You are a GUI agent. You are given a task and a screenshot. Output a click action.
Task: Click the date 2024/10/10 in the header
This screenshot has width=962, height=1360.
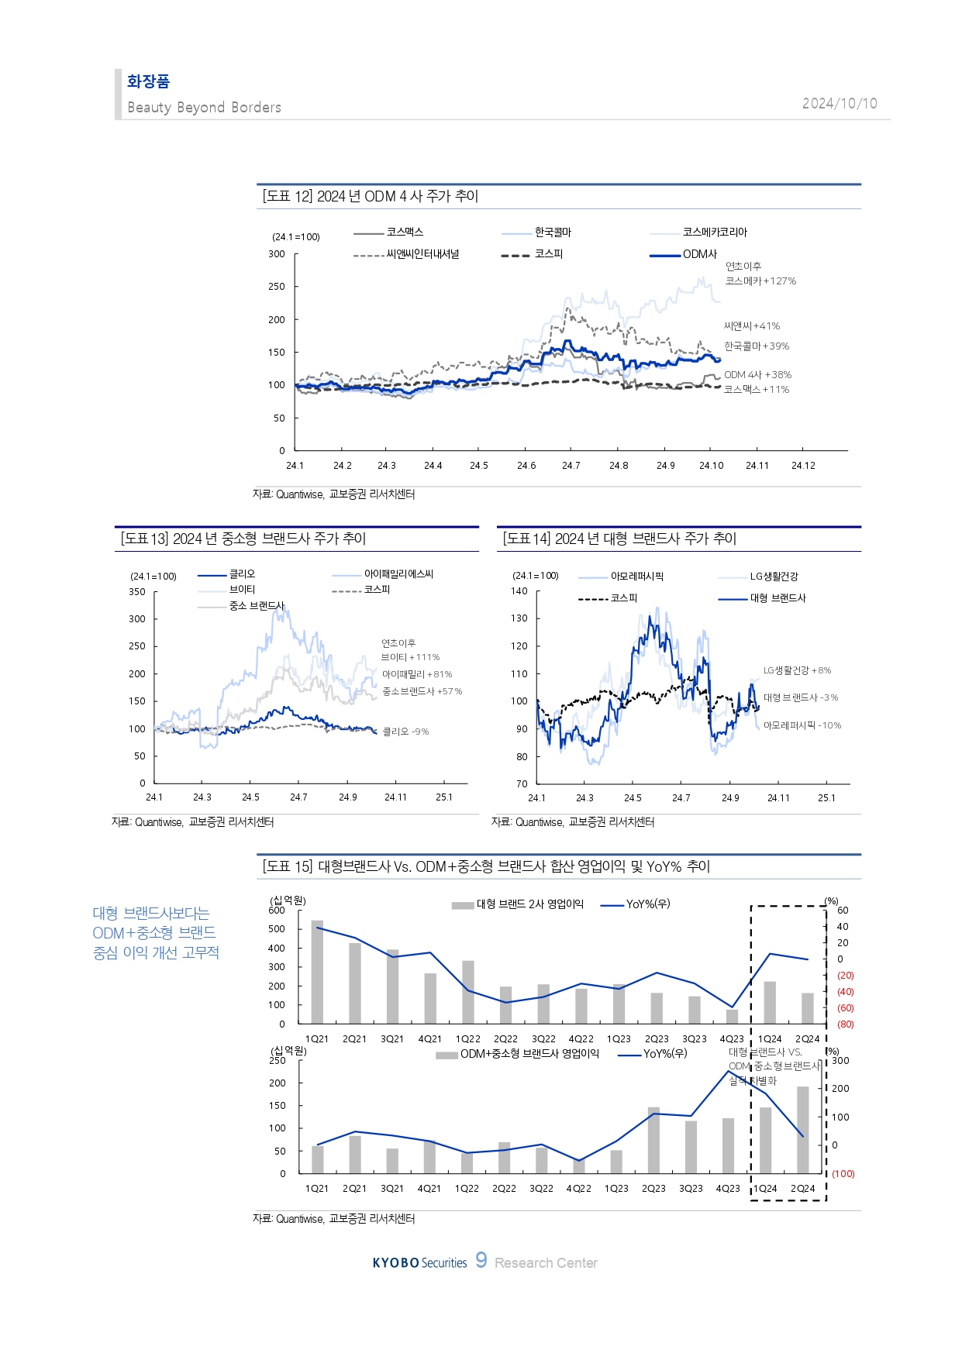[840, 104]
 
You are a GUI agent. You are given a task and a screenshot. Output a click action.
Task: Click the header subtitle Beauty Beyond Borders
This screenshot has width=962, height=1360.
[204, 108]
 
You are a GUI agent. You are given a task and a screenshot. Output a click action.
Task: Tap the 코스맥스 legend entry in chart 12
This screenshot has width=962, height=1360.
[404, 232]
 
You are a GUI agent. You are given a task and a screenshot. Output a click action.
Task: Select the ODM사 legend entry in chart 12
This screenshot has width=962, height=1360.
[699, 254]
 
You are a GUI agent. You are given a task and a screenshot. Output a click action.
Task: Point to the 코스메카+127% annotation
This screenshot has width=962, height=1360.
[760, 281]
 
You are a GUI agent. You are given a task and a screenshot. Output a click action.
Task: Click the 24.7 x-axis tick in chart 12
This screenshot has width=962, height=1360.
[571, 466]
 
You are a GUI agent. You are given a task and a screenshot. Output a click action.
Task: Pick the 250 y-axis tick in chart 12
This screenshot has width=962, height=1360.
[277, 287]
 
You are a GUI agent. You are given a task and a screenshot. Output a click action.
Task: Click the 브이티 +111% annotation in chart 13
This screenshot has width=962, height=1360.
[410, 657]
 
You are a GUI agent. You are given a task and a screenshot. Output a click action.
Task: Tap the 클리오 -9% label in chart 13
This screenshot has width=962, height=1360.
[405, 732]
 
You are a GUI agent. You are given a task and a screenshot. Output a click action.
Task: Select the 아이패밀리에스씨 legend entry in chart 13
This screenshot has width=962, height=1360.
[398, 574]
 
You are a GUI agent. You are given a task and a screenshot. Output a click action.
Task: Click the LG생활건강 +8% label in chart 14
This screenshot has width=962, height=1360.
[797, 670]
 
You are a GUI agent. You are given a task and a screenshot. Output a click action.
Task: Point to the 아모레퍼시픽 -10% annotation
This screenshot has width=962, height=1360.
[802, 725]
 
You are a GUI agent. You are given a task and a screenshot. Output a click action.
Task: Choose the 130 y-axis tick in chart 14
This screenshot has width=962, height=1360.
[519, 618]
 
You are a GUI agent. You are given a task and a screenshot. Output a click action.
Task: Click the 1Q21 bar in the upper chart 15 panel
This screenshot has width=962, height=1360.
[317, 972]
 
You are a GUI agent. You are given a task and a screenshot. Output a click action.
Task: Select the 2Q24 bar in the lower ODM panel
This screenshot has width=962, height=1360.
[802, 1130]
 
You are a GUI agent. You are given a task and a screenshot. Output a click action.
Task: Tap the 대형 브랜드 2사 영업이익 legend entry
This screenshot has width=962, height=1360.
[529, 904]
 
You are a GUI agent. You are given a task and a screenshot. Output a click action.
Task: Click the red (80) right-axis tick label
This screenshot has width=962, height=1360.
[845, 1024]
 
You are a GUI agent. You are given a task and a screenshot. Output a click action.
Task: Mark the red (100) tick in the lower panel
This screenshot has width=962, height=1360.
[843, 1174]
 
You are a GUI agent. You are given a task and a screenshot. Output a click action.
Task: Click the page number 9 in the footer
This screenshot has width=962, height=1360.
[481, 1260]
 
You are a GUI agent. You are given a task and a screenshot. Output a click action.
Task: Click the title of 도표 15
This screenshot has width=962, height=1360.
[486, 866]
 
